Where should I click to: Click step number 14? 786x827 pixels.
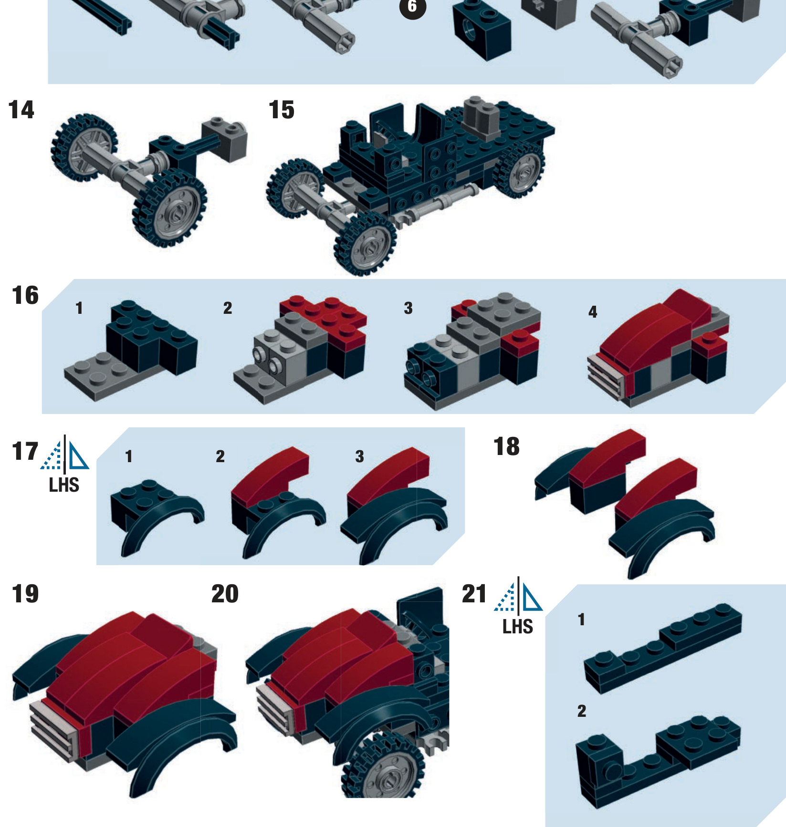(x=21, y=110)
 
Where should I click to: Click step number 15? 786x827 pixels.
(x=282, y=110)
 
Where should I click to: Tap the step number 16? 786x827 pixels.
(x=25, y=296)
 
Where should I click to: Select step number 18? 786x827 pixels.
(x=506, y=447)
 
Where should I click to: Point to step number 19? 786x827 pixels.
(x=25, y=594)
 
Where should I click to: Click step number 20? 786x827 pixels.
(x=225, y=594)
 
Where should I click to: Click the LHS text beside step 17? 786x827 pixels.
(x=64, y=486)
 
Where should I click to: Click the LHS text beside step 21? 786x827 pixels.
(x=518, y=627)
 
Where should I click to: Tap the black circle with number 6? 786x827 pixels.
(x=412, y=7)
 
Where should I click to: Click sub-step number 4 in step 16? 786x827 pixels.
(x=593, y=312)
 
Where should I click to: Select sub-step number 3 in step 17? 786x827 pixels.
(x=360, y=457)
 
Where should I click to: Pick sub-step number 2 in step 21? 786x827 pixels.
(x=582, y=712)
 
